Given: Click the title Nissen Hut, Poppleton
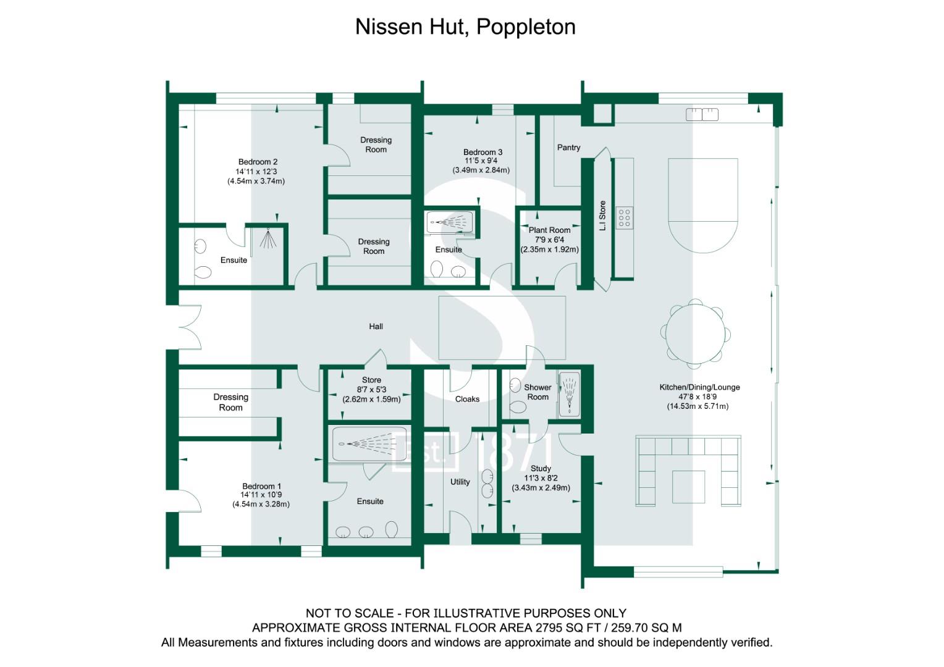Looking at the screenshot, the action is click(x=465, y=27).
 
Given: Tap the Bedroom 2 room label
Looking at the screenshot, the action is click(x=258, y=162).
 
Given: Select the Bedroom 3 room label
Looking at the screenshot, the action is click(x=483, y=152).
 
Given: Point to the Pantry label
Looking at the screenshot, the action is click(x=568, y=148).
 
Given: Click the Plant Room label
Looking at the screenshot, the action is click(x=549, y=230).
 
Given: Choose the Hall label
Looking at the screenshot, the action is click(x=376, y=327).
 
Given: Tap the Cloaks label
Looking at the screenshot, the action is click(x=467, y=399).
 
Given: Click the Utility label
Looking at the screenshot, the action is click(x=460, y=482).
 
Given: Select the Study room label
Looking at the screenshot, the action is click(x=541, y=469).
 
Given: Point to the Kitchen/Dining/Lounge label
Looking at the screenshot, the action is click(x=699, y=387).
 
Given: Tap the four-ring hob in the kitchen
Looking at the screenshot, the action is click(x=625, y=218).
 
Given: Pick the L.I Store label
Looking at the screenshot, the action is click(x=602, y=216).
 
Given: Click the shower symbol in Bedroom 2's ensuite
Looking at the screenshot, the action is click(x=268, y=238).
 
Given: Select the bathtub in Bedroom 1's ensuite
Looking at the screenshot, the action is click(x=369, y=444).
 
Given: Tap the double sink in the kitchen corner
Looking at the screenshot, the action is click(x=702, y=114).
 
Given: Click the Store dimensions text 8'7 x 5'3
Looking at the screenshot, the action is click(x=371, y=390).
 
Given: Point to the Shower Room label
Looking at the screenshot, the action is click(x=537, y=392).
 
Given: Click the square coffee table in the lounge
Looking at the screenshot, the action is click(x=689, y=487).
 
